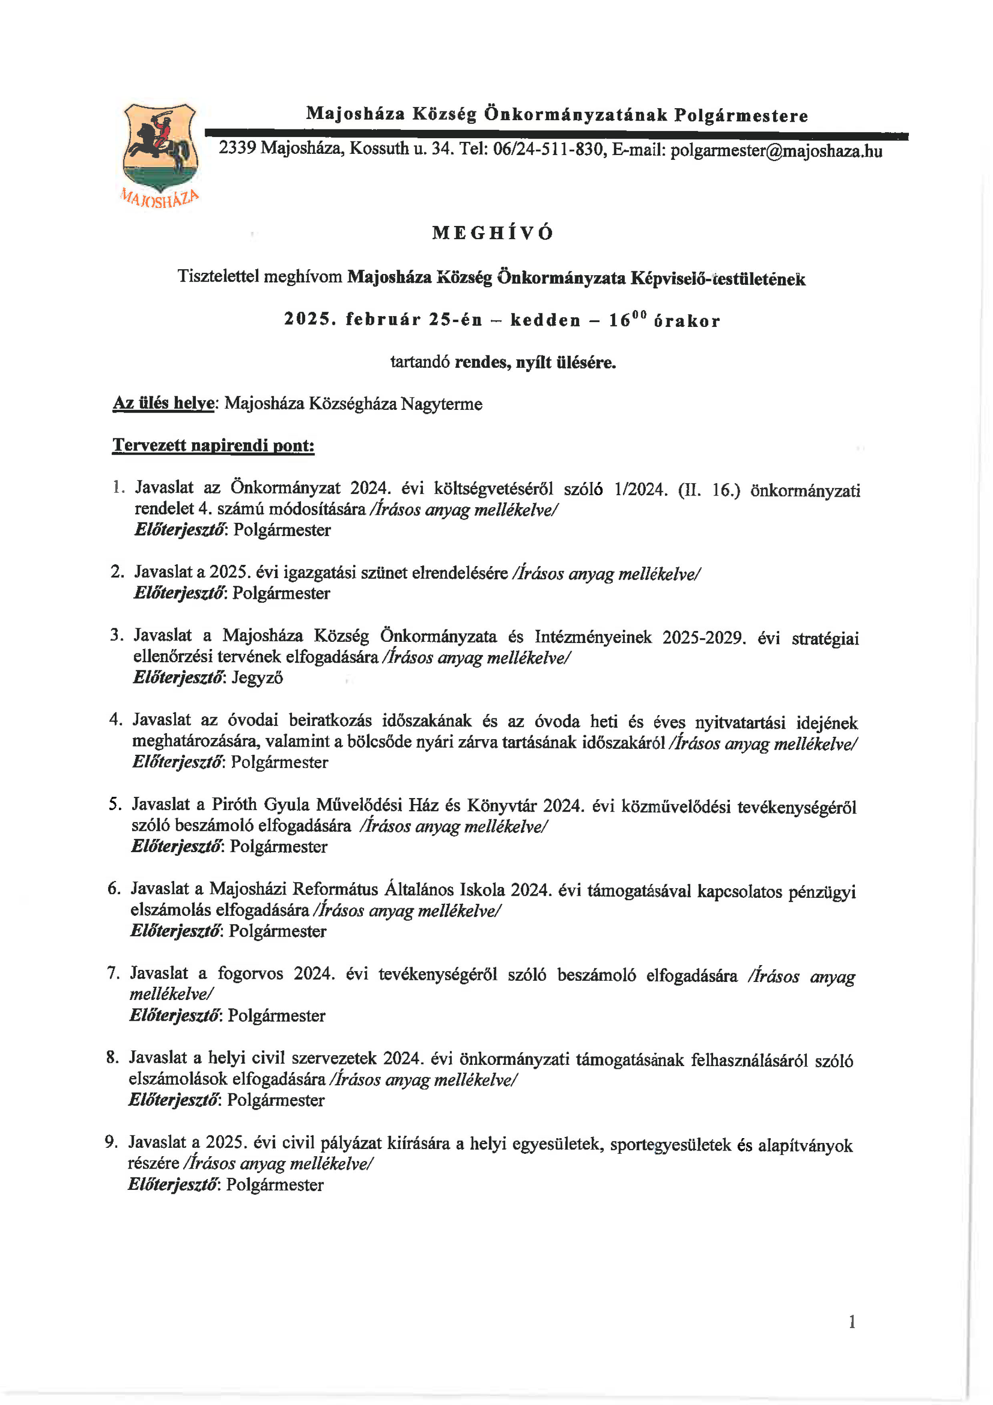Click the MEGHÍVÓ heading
pos(493,233)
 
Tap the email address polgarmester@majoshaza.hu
pos(776,151)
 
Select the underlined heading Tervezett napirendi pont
pos(213,445)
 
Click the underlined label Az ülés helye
pos(163,403)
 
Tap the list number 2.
pos(117,572)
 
